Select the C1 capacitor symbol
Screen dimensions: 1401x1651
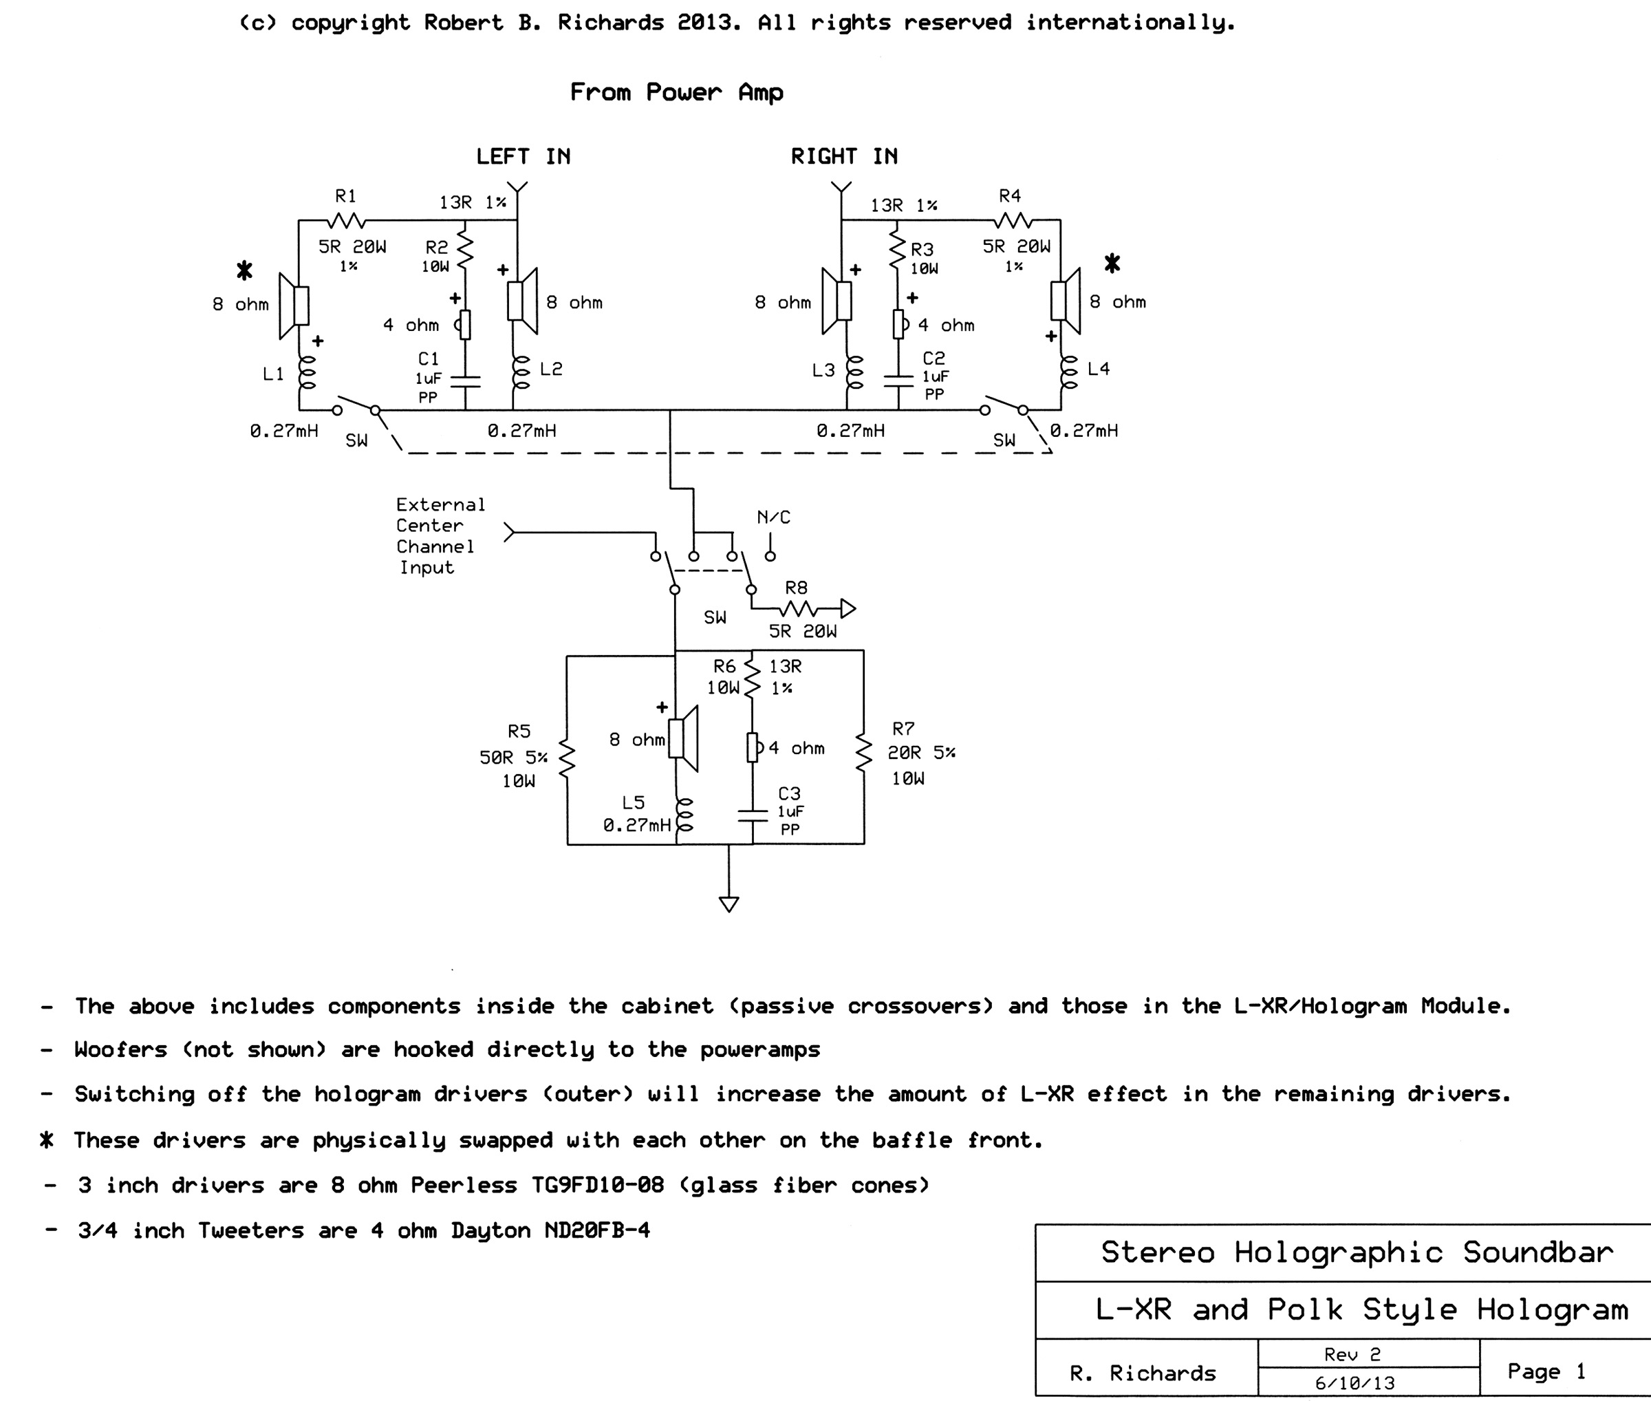tap(465, 381)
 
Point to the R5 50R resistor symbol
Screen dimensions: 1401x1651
tap(566, 758)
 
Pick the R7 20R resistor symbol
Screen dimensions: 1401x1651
tap(863, 752)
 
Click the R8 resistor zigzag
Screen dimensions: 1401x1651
tap(799, 609)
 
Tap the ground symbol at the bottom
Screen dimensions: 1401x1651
tap(729, 903)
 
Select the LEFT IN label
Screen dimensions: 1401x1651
tap(524, 156)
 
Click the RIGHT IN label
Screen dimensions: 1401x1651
tap(844, 156)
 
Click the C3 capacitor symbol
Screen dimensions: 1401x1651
tap(753, 815)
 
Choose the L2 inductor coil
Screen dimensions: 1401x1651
tap(521, 372)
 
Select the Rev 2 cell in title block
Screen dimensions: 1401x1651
tap(1368, 1354)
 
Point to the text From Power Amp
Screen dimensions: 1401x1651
tap(677, 92)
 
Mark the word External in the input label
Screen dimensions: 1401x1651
tap(440, 505)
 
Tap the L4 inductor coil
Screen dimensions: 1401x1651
tap(1070, 372)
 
